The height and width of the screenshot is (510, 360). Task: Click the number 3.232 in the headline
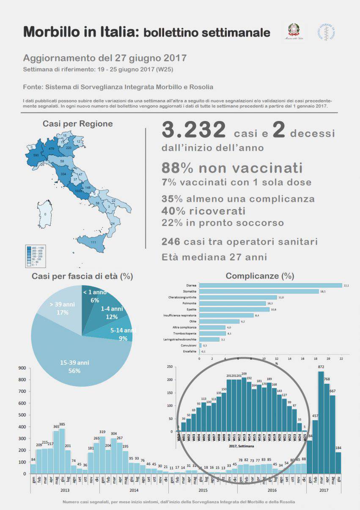pyautogui.click(x=193, y=130)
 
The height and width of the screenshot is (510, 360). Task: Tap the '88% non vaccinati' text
pyautogui.click(x=232, y=168)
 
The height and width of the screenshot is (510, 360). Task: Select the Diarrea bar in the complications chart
pyautogui.click(x=270, y=285)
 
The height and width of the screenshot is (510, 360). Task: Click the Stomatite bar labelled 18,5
pyautogui.click(x=258, y=291)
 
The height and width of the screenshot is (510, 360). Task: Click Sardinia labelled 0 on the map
pyautogui.click(x=45, y=214)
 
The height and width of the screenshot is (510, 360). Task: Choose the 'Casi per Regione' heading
pyautogui.click(x=77, y=124)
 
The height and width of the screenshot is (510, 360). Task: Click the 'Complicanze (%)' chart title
pyautogui.click(x=260, y=276)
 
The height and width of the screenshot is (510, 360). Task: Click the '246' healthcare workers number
pyautogui.click(x=171, y=242)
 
